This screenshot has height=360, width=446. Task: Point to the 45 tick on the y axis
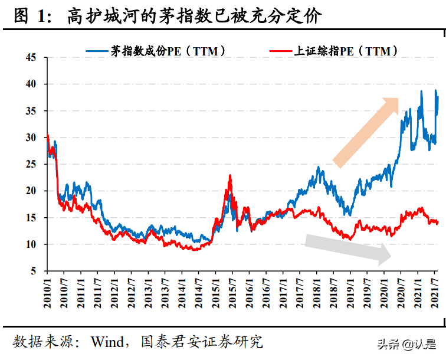click(x=31, y=58)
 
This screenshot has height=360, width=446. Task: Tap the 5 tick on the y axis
click(x=34, y=271)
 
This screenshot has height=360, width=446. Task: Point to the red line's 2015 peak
click(x=230, y=176)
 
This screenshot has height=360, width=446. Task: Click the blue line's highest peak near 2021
click(x=421, y=91)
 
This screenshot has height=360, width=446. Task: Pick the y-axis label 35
click(x=31, y=111)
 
